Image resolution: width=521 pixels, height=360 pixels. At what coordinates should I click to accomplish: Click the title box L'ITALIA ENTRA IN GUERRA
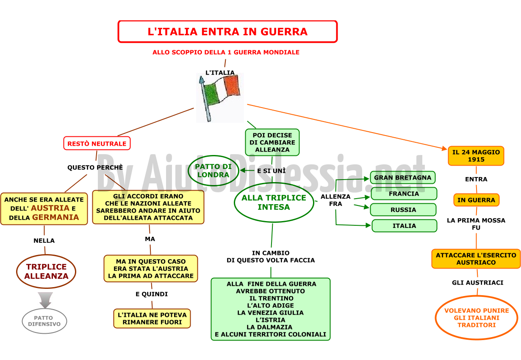227,32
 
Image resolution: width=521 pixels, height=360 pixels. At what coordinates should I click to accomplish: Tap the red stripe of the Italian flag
232,86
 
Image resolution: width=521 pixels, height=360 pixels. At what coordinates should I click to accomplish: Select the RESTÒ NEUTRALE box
97,143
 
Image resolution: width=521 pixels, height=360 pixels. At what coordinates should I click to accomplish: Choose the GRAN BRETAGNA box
403,177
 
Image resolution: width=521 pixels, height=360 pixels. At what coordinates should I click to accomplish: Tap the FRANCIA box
404,194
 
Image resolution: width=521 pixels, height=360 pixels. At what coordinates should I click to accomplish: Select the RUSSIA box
403,210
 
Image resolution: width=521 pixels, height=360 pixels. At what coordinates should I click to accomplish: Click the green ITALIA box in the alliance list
404,226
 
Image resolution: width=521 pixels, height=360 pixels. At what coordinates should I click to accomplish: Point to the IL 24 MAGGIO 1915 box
476,156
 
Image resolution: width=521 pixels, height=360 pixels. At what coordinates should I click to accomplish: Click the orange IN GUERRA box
476,200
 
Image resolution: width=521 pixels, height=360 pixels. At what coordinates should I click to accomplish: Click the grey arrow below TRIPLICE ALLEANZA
45,300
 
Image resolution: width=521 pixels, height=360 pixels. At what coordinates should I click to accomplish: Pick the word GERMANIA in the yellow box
55,217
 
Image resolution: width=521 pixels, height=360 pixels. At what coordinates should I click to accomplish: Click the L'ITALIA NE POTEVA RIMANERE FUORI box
152,318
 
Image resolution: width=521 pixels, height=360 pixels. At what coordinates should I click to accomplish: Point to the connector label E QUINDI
152,294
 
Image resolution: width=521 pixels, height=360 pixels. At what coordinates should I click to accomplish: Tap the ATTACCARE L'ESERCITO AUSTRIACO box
476,259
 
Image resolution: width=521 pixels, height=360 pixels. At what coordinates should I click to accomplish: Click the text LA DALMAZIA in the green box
269,327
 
